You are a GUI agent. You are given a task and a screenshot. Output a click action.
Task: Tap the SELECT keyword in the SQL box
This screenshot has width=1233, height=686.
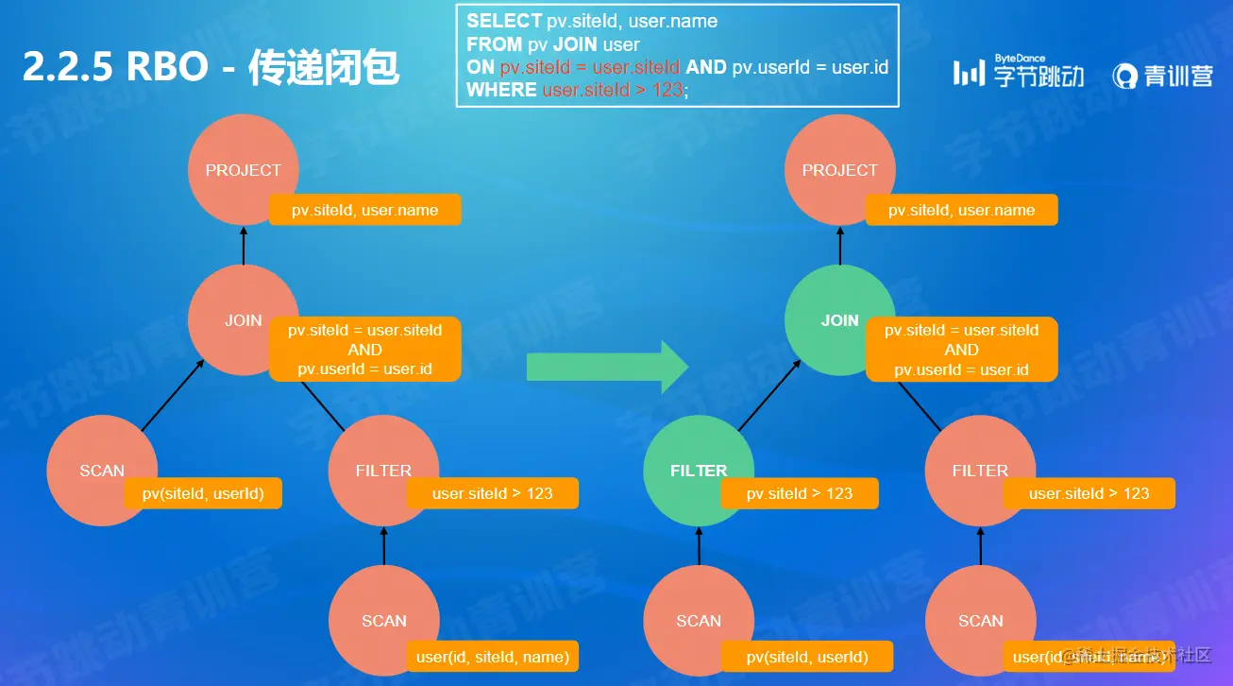click(504, 21)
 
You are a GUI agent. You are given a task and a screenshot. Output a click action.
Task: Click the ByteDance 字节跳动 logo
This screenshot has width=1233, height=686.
click(1018, 72)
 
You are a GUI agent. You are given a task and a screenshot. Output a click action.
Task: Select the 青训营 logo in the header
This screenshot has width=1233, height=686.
click(1162, 76)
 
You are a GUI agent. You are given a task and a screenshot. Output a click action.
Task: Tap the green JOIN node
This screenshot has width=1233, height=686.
click(839, 320)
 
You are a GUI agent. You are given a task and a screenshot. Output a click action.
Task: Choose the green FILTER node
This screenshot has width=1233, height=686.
click(699, 471)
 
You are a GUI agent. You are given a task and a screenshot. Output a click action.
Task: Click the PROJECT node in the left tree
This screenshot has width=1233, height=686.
click(243, 170)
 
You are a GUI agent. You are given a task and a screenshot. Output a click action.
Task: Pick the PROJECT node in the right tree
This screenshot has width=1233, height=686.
click(839, 170)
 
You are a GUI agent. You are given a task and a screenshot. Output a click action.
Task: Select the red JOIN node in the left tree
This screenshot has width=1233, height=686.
click(243, 320)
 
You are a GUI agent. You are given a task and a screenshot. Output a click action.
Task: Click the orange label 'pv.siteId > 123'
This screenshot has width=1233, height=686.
click(800, 493)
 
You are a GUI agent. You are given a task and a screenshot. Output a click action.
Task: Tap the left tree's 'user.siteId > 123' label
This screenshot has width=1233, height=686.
click(492, 493)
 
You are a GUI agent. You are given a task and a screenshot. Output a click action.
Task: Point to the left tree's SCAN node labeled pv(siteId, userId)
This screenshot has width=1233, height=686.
click(102, 471)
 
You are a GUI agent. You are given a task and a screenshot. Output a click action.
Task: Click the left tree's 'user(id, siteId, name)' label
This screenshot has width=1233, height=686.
click(492, 657)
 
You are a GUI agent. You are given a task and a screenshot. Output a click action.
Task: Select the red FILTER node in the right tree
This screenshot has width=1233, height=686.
click(980, 471)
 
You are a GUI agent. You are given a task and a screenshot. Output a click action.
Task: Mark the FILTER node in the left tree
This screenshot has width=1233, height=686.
click(383, 471)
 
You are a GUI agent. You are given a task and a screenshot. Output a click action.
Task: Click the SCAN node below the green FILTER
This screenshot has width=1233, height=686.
click(699, 621)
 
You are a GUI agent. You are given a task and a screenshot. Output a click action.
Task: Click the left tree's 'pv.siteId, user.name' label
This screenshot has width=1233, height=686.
click(364, 210)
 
